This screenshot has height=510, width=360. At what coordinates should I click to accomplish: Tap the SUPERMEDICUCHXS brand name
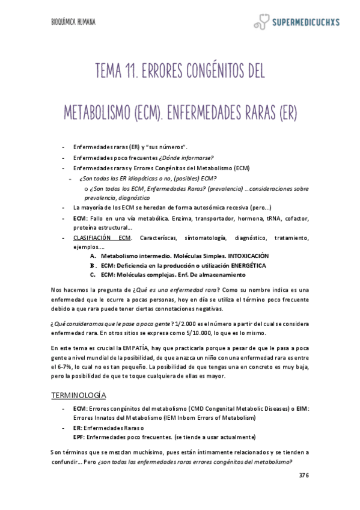pos(306,23)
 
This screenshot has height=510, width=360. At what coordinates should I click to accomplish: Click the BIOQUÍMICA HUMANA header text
pos(73,22)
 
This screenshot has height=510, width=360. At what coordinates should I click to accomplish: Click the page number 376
pos(304,475)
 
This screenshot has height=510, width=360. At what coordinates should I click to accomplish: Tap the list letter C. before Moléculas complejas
pos(93,275)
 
